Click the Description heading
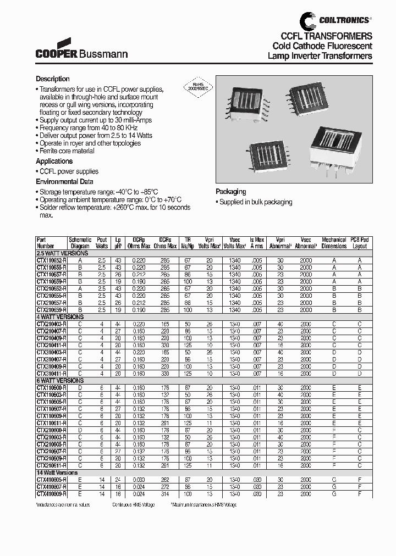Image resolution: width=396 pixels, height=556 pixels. coord(53,79)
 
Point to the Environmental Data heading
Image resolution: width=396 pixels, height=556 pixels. coord(64,181)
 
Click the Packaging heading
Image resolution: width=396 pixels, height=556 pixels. coord(230,192)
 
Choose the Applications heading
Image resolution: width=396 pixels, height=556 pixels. coord(54,162)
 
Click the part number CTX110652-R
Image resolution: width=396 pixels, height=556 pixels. coord(51,260)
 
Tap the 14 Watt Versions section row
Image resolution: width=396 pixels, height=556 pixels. coord(57,472)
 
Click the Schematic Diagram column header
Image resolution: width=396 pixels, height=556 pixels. coord(80,243)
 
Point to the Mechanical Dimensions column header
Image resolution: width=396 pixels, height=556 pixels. coord(334,243)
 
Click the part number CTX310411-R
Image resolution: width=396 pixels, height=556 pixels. coord(51,374)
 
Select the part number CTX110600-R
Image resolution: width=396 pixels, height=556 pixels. coord(51,387)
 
